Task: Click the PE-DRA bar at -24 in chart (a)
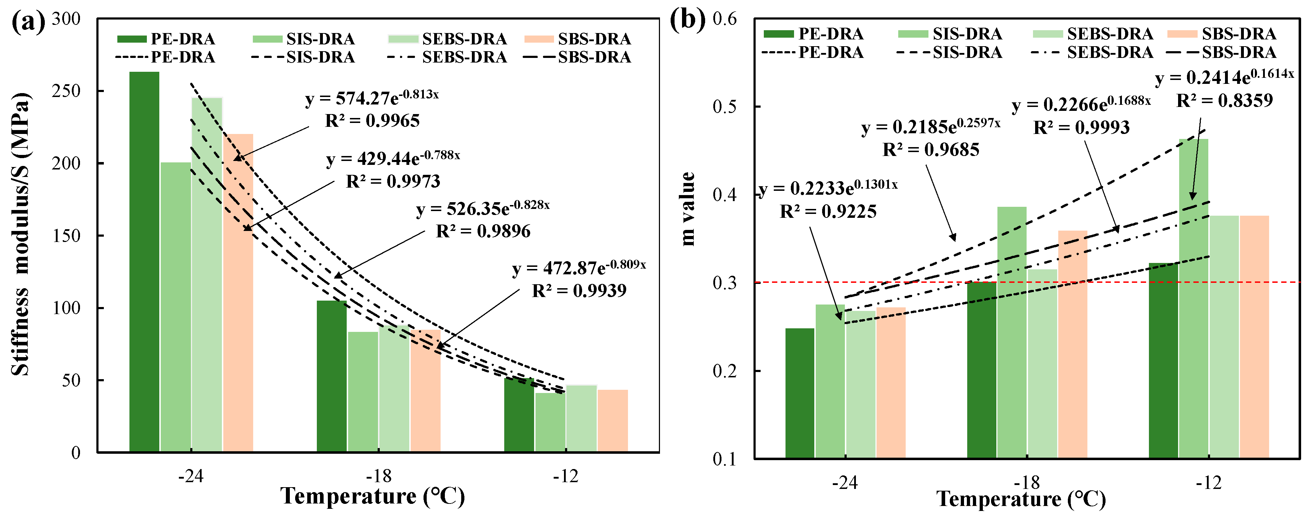pos(144,262)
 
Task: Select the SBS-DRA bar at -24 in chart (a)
pos(238,293)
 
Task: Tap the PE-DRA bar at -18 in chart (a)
pos(331,376)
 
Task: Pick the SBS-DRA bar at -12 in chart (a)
pos(613,421)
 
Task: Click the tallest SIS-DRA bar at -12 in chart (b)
pos(1194,298)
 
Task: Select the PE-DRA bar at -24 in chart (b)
pos(800,393)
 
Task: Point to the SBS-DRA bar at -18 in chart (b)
pos(1072,344)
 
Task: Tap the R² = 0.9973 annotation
pos(393,181)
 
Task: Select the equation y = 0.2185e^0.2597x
pos(931,126)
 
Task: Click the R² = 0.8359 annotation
pos(1225,100)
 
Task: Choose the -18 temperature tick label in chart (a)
pos(379,476)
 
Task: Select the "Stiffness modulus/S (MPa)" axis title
pos(20,235)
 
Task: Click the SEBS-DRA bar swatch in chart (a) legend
pos(403,39)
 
